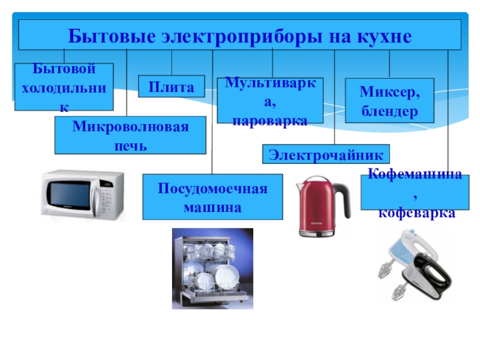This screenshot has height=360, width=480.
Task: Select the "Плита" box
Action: (x=172, y=87)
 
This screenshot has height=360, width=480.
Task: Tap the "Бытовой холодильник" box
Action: (x=64, y=86)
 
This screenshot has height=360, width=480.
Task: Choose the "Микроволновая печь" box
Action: (x=130, y=135)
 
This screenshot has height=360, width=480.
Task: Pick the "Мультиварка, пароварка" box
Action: (x=270, y=101)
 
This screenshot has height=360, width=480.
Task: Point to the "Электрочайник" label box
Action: (x=326, y=154)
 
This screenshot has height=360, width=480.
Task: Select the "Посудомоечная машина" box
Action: (x=212, y=197)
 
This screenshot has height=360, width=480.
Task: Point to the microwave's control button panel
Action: (x=107, y=198)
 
